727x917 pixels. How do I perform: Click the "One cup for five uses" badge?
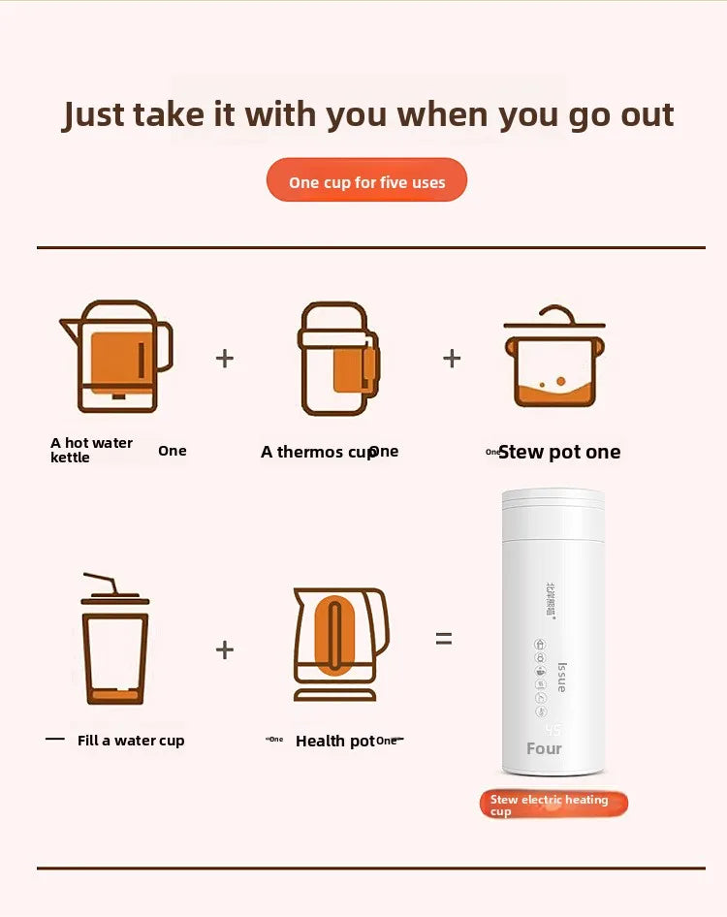(x=366, y=181)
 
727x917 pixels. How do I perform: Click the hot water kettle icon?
(x=117, y=357)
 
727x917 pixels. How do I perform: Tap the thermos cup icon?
(x=336, y=360)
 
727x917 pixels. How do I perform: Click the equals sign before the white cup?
(x=443, y=639)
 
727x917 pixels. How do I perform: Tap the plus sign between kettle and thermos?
(x=224, y=359)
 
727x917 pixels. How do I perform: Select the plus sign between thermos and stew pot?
(x=452, y=359)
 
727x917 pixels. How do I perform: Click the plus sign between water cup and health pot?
(x=224, y=649)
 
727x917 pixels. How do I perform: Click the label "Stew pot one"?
(x=558, y=452)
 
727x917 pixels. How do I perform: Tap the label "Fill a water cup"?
(x=131, y=741)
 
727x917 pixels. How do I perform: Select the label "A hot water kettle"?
(x=91, y=450)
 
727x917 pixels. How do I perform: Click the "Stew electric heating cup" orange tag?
(x=553, y=805)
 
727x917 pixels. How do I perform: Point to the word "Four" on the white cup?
(x=544, y=748)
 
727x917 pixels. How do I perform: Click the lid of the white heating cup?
(x=552, y=502)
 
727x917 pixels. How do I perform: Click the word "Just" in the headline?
(x=94, y=114)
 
